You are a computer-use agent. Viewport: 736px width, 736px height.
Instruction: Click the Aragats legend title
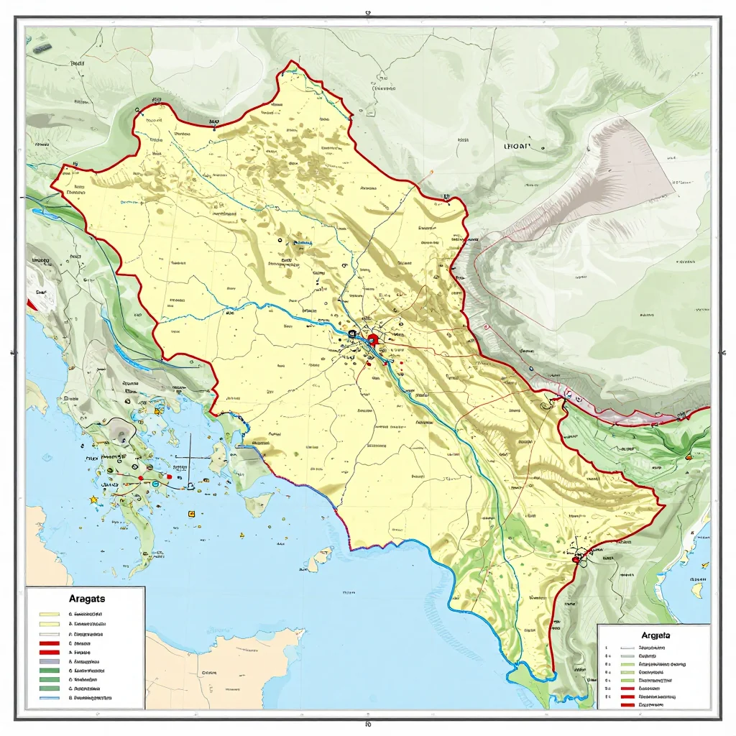click(87, 598)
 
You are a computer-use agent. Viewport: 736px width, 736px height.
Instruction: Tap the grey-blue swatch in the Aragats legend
click(50, 660)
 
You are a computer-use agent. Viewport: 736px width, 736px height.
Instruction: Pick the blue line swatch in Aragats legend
click(50, 697)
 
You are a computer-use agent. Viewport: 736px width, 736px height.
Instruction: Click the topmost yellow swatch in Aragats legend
click(50, 615)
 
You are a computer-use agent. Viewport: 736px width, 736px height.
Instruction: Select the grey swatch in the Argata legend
click(627, 655)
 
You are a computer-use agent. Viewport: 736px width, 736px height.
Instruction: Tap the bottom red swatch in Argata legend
click(627, 705)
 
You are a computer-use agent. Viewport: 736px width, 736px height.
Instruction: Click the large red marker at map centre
click(372, 341)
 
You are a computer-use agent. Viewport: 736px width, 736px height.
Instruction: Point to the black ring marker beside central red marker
click(352, 334)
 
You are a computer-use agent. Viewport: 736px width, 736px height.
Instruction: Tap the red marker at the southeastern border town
click(579, 556)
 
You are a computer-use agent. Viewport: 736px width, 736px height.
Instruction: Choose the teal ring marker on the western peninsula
click(155, 484)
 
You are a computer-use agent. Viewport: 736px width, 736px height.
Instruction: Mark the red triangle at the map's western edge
click(31, 305)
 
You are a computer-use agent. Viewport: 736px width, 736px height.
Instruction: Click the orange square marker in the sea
click(190, 514)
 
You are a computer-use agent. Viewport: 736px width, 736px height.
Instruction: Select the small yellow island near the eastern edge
click(695, 591)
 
